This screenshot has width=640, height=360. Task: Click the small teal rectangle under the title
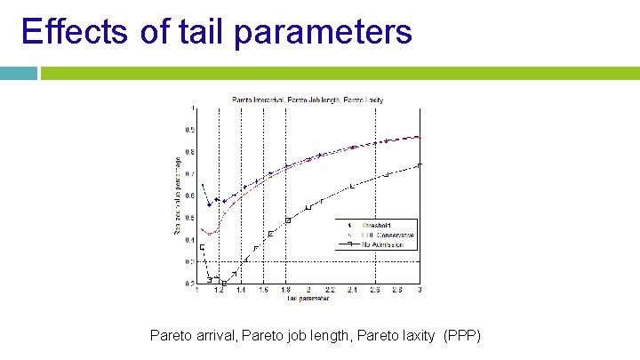pos(19,74)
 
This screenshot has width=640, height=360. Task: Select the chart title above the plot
pos(308,100)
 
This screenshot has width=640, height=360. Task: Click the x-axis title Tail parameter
pos(308,299)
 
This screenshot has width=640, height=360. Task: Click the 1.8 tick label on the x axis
pos(285,291)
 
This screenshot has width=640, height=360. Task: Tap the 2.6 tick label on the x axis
pos(375,291)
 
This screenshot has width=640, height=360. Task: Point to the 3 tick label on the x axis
pos(420,291)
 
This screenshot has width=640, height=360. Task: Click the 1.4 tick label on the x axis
pos(241,291)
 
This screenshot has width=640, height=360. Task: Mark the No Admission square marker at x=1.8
pos(287,220)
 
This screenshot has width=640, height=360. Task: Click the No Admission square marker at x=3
pos(420,165)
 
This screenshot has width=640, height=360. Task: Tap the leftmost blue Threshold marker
pos(203,185)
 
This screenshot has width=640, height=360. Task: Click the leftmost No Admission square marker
pos(203,247)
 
